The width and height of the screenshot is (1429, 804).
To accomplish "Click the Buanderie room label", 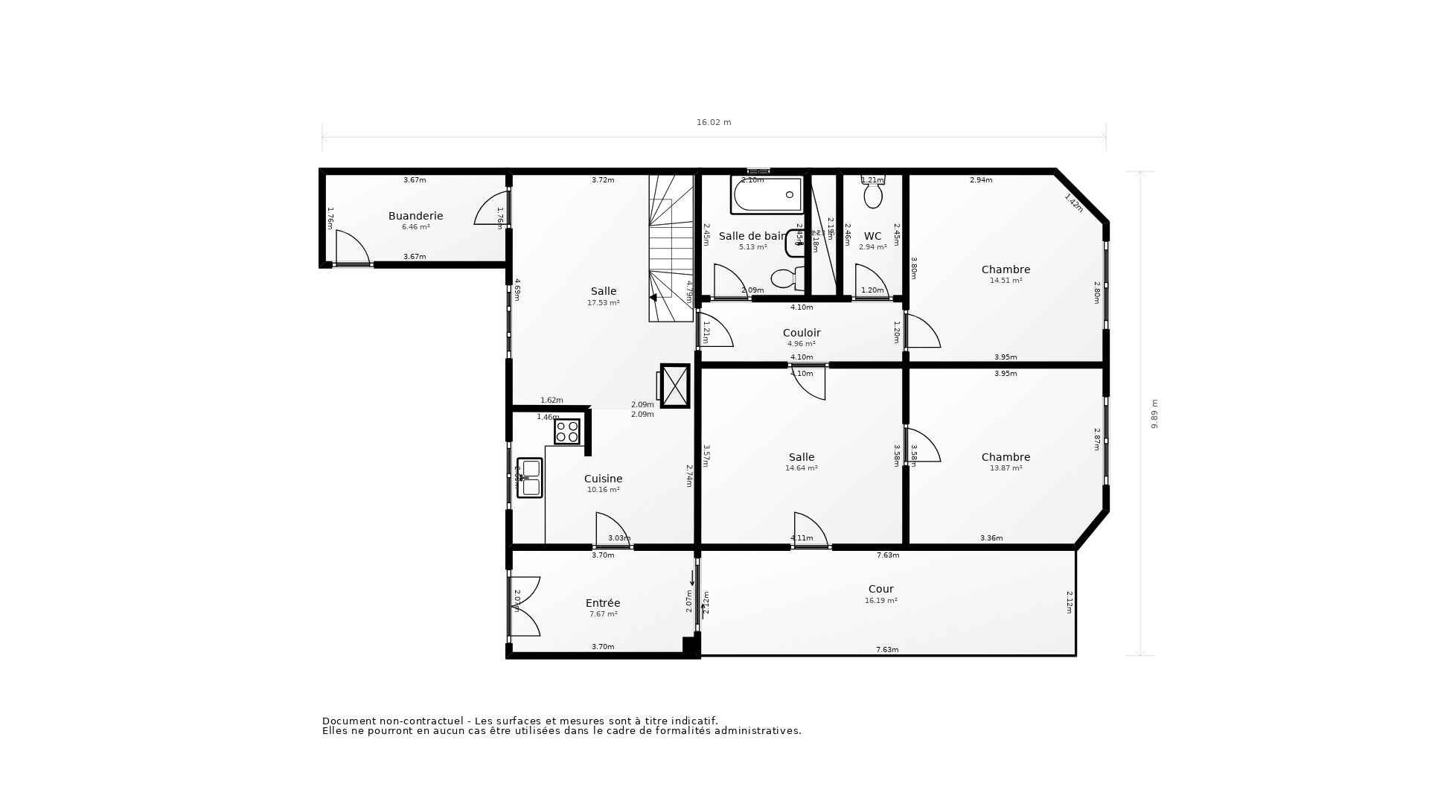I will click(415, 216).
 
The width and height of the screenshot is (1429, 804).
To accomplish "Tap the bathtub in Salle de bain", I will click(767, 195).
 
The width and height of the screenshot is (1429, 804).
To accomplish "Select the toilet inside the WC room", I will click(873, 194).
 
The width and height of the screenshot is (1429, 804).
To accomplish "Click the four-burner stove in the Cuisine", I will click(567, 432).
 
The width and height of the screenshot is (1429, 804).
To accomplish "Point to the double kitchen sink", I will click(530, 478).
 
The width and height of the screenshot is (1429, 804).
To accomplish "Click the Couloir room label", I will click(802, 333).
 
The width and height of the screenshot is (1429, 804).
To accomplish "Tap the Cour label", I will click(880, 589).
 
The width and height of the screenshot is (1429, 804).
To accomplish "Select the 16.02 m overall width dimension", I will click(714, 122).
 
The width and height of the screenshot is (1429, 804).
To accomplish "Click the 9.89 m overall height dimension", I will click(1154, 414).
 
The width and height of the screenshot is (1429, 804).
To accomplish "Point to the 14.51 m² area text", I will click(1006, 281).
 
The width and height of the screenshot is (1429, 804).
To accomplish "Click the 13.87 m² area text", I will click(1006, 468).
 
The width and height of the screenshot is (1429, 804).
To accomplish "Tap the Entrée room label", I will click(603, 603).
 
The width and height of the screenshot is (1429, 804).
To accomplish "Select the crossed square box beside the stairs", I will click(675, 386).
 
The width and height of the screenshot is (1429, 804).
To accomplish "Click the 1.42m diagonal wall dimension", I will click(1073, 203).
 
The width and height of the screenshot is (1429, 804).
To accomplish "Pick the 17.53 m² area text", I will click(604, 303).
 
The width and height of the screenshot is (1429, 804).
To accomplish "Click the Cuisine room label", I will click(603, 479).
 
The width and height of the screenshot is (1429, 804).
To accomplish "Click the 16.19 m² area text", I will click(880, 601).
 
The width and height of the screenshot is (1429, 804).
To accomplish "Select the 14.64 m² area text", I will click(802, 468).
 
